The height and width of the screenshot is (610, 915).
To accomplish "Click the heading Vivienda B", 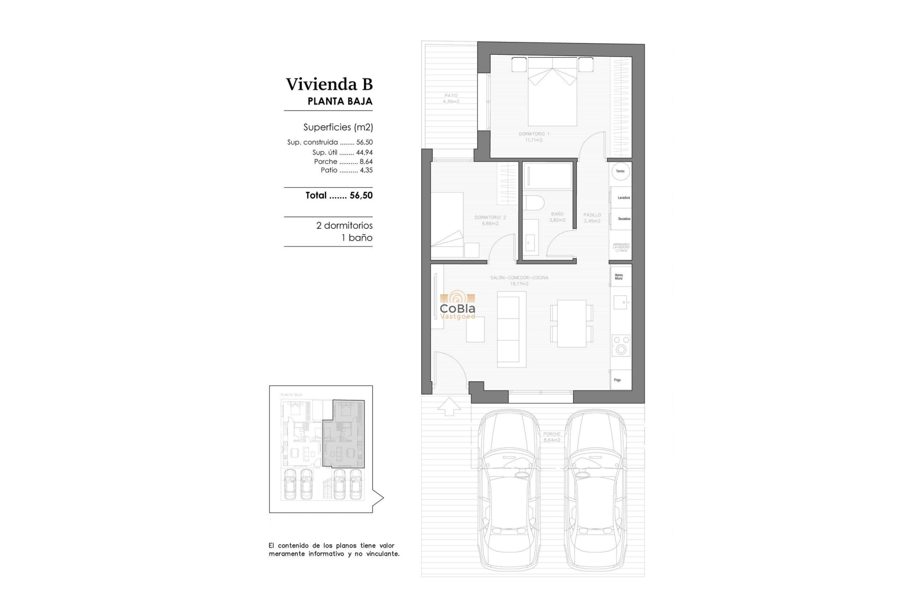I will click(x=329, y=84).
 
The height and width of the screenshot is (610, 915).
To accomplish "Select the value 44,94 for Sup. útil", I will click(x=364, y=152).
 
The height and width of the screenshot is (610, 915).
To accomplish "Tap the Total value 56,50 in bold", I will click(x=361, y=195).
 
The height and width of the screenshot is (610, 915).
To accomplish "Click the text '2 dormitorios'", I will click(x=344, y=225).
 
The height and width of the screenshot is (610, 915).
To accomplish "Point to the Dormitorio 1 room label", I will click(x=534, y=137).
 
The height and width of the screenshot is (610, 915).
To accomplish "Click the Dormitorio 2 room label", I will click(x=490, y=220).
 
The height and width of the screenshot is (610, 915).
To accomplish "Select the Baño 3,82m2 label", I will click(x=557, y=217).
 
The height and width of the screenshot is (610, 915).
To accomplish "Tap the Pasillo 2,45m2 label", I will click(x=592, y=218).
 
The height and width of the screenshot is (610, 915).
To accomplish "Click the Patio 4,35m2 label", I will click(x=451, y=98).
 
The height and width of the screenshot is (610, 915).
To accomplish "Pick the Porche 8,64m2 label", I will click(x=552, y=437).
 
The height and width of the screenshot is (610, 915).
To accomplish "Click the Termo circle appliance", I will click(x=620, y=171).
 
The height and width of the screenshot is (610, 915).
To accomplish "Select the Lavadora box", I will click(x=622, y=197).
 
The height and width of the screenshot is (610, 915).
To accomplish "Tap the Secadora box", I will click(x=622, y=219).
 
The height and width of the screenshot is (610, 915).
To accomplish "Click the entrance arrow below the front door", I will click(x=449, y=407).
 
